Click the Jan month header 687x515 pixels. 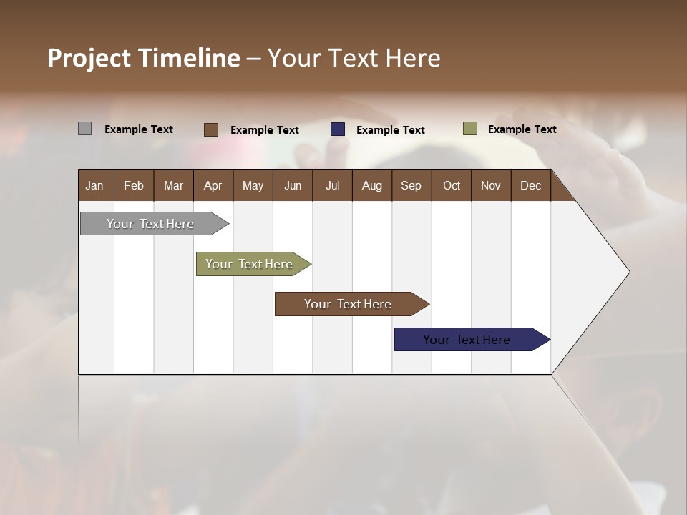[95, 185]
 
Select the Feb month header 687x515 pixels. [134, 185]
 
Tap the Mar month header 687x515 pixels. [173, 185]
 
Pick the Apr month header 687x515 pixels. [213, 185]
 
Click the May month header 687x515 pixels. [253, 185]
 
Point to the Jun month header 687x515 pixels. [293, 185]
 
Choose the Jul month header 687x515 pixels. [332, 185]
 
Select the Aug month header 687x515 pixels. [372, 185]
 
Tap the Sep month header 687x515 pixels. [411, 185]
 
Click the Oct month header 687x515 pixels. [452, 185]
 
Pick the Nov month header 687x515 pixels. [491, 185]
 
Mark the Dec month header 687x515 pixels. [531, 185]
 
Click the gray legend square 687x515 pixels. [84, 129]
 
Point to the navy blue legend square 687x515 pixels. [338, 129]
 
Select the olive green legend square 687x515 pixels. [470, 129]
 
